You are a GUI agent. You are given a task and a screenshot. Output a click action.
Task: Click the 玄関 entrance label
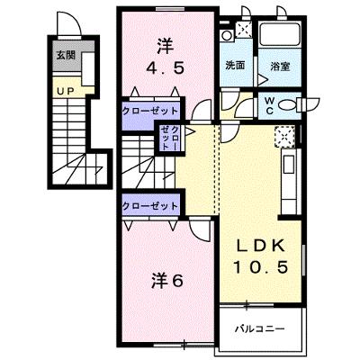[66, 55]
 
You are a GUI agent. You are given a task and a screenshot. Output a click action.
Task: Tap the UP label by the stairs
[66, 91]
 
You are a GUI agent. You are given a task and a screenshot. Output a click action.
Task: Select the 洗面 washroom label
[235, 66]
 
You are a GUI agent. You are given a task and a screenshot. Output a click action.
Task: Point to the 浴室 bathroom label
[280, 67]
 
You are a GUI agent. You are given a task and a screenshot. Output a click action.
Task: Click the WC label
[269, 106]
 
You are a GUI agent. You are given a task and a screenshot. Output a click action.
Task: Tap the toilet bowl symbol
[289, 105]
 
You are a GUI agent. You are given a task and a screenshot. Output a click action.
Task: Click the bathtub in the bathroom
[280, 33]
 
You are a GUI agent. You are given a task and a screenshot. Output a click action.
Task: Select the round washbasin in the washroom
[227, 36]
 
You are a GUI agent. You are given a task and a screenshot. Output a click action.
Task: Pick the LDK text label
[260, 247]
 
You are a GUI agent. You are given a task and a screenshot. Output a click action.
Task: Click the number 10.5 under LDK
[260, 266]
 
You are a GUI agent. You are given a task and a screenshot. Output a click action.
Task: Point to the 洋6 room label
[166, 281]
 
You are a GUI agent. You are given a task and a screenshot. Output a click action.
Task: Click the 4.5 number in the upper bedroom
[165, 68]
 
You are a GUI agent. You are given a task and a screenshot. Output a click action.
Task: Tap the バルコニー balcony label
[259, 328]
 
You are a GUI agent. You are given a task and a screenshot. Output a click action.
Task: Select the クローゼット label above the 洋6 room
[150, 206]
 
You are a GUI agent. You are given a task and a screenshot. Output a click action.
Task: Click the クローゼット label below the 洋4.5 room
[150, 111]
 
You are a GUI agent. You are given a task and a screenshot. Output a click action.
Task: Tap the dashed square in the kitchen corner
[284, 137]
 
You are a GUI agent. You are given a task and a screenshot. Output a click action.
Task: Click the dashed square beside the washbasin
[244, 30]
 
